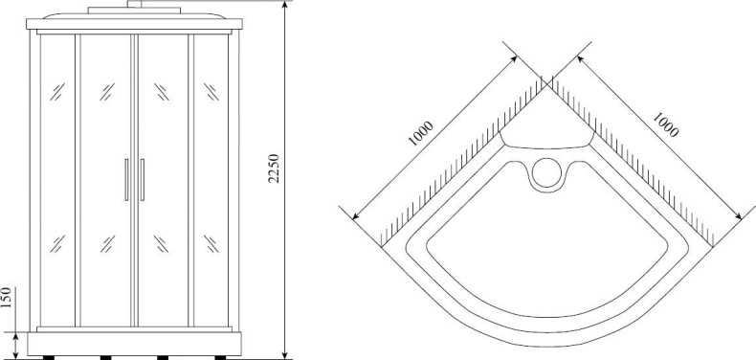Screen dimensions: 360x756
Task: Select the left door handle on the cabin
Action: point(125,180)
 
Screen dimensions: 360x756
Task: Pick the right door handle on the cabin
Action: point(142,180)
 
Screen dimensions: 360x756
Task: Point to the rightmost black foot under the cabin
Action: point(221,356)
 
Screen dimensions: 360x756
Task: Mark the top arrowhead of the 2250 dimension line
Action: point(285,6)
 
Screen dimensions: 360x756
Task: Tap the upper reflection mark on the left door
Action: point(104,93)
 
